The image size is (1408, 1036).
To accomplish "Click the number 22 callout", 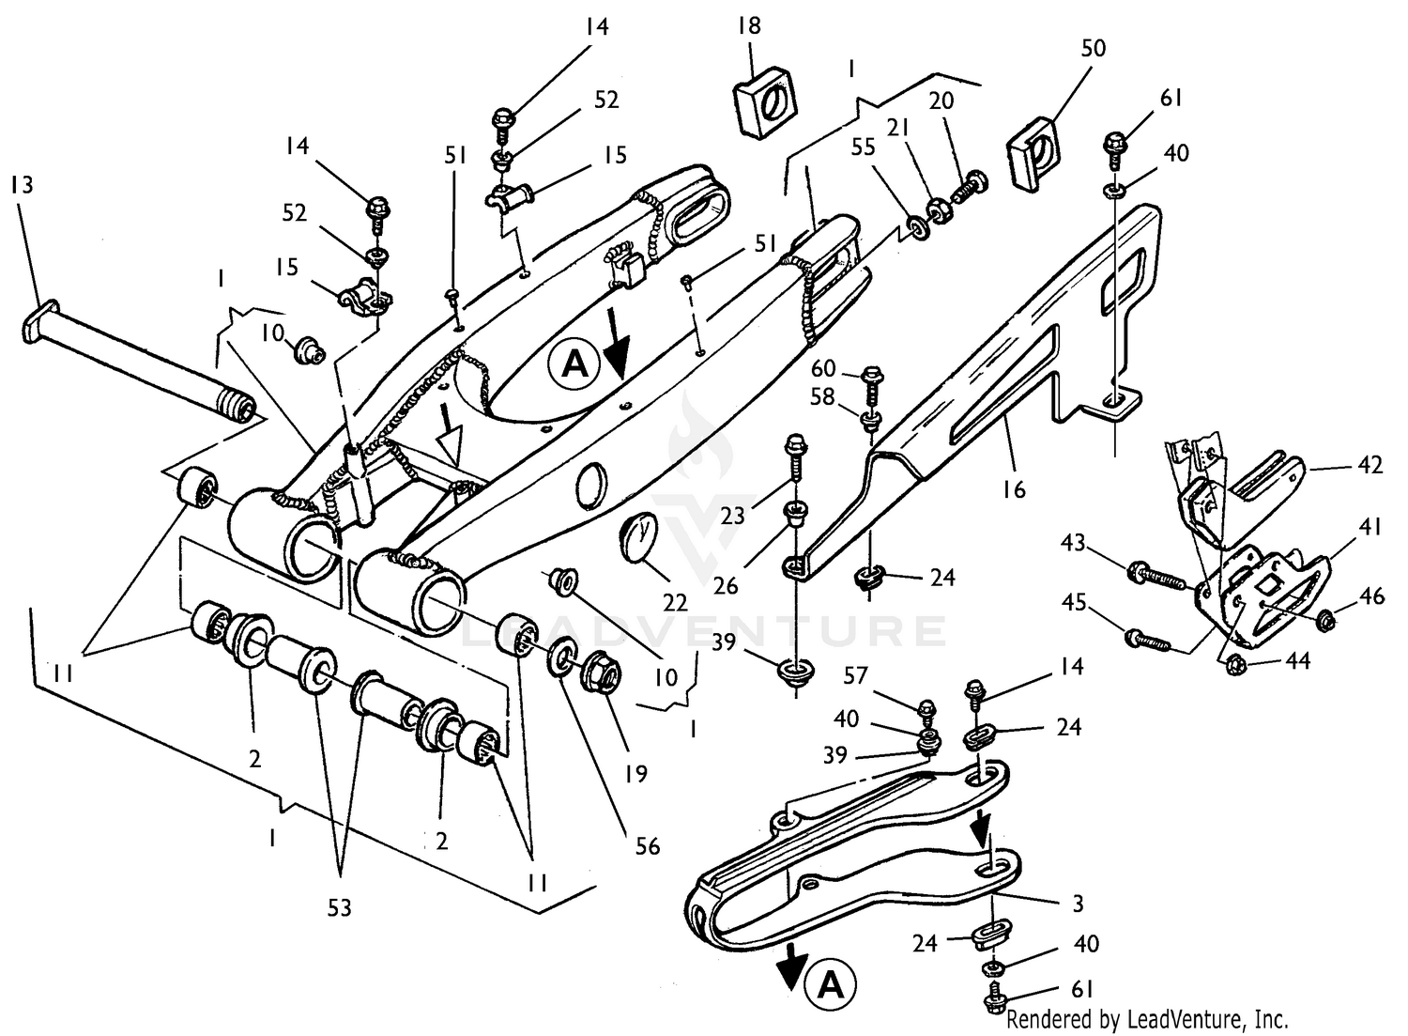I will coord(674,602).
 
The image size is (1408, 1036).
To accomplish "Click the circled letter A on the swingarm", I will coord(573,363).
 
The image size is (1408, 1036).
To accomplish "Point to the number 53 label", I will coord(339,907).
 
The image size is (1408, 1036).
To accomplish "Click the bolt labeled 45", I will coord(1144,642).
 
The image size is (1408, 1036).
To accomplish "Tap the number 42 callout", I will coord(1370,465).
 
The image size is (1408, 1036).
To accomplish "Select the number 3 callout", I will coord(1078,904).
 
